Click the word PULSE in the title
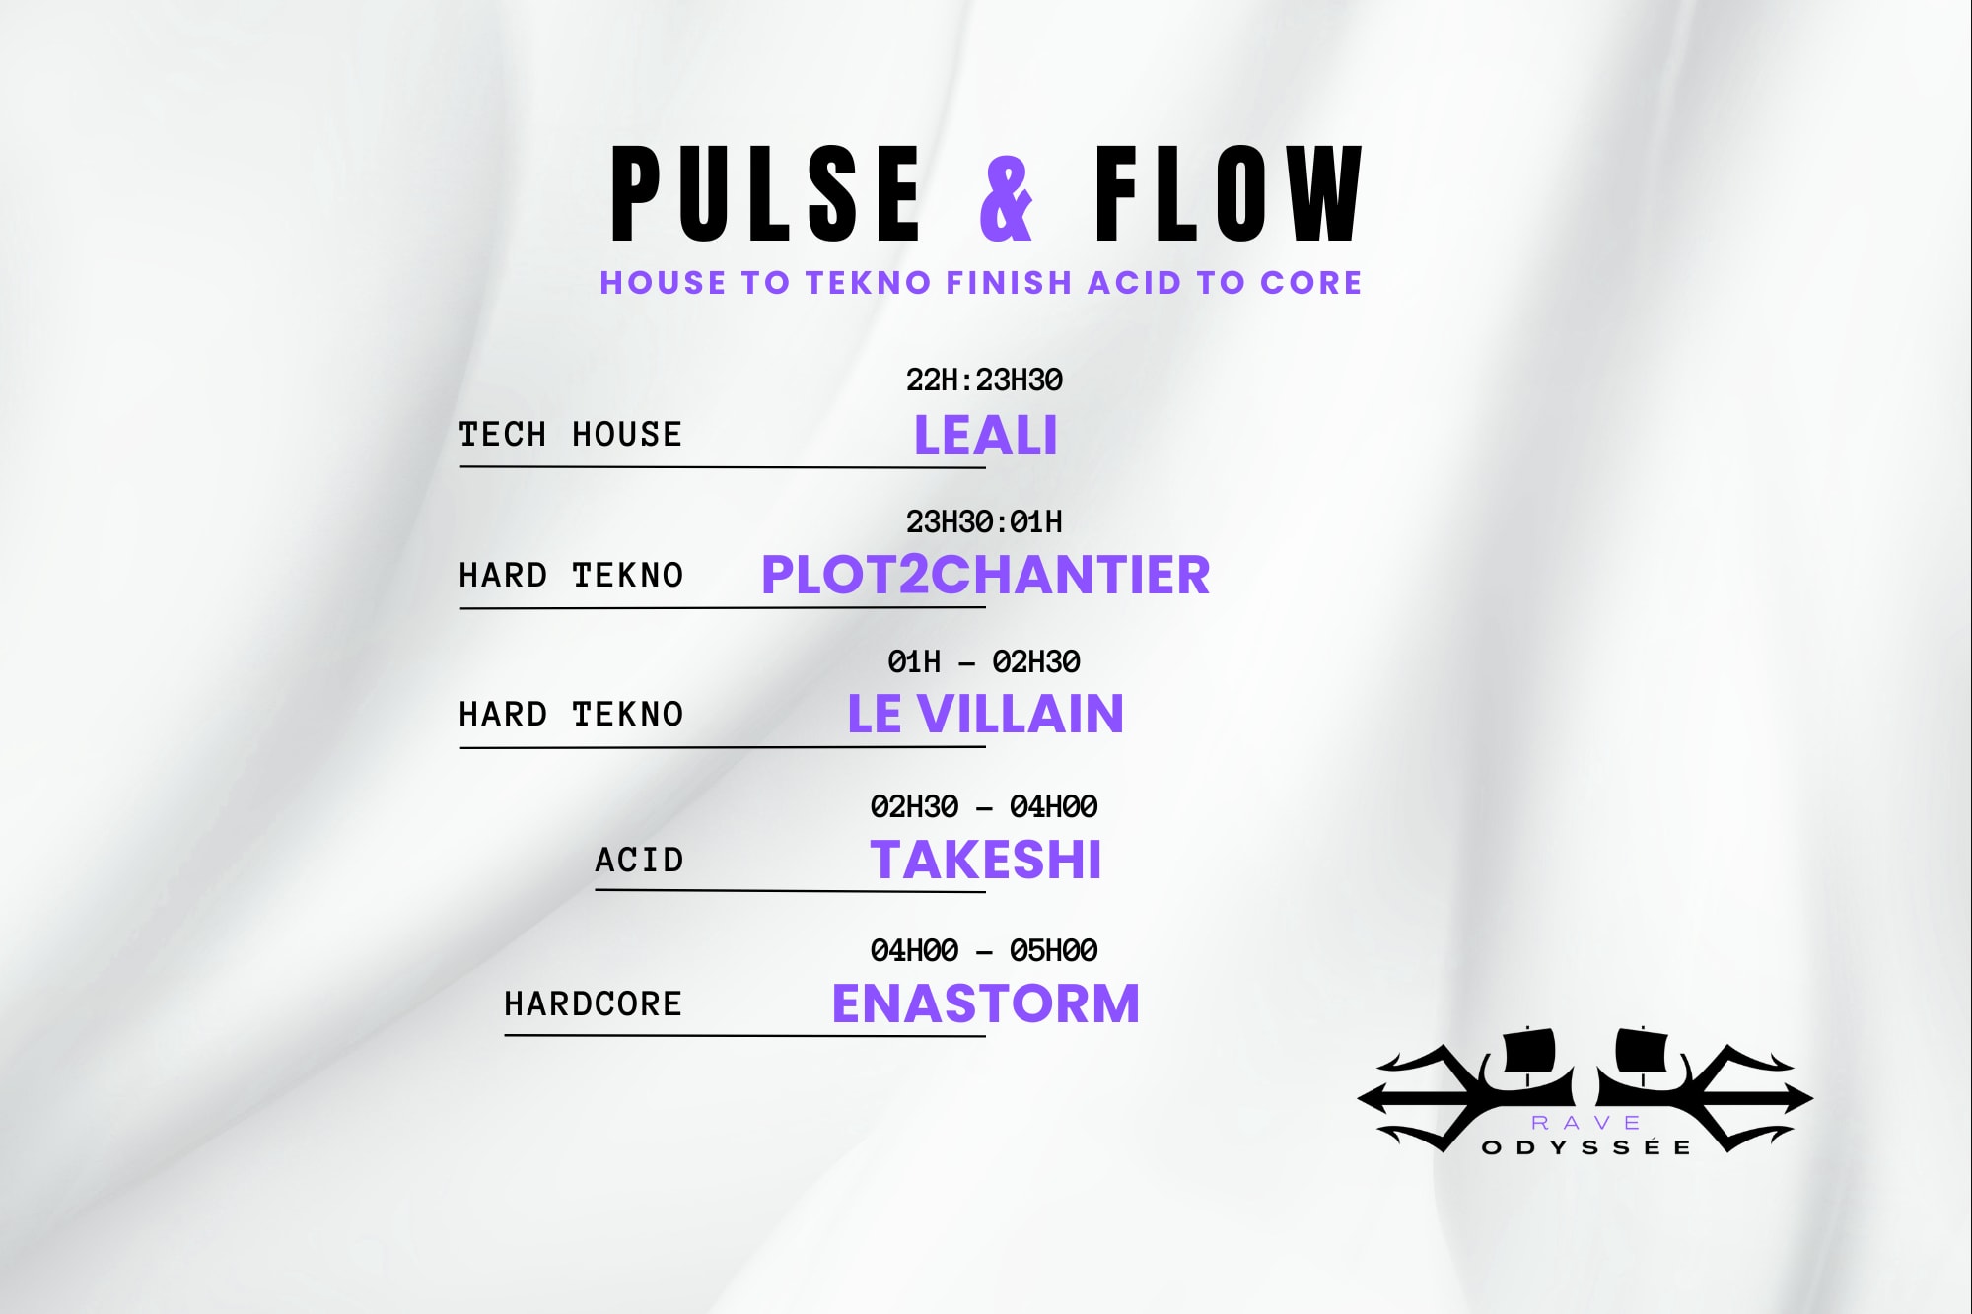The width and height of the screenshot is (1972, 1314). (x=766, y=194)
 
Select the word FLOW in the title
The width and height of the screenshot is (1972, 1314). (x=1229, y=194)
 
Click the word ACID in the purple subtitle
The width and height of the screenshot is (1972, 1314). (x=1134, y=283)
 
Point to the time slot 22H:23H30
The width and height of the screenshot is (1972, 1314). (x=984, y=380)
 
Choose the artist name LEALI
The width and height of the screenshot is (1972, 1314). (x=985, y=435)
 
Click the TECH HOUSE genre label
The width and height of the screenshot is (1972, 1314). (x=570, y=434)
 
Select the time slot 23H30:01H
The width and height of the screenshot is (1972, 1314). (x=984, y=521)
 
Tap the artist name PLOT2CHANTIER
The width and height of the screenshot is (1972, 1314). (x=985, y=575)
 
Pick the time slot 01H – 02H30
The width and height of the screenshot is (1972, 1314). (x=984, y=661)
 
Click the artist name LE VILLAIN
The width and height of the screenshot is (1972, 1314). (x=985, y=714)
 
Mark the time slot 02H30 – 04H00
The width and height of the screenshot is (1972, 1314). (x=984, y=806)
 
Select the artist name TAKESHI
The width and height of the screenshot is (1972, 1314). (x=985, y=860)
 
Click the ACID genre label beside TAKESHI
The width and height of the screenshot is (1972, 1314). (x=639, y=860)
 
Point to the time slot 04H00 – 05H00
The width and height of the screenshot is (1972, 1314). (x=984, y=950)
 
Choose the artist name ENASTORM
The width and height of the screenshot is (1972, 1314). (x=985, y=1003)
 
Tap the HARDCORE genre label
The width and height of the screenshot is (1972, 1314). (x=593, y=1003)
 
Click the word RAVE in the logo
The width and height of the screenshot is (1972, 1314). (x=1585, y=1123)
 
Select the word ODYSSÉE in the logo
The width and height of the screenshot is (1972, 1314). (x=1586, y=1147)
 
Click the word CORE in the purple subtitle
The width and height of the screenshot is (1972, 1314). (x=1311, y=283)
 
